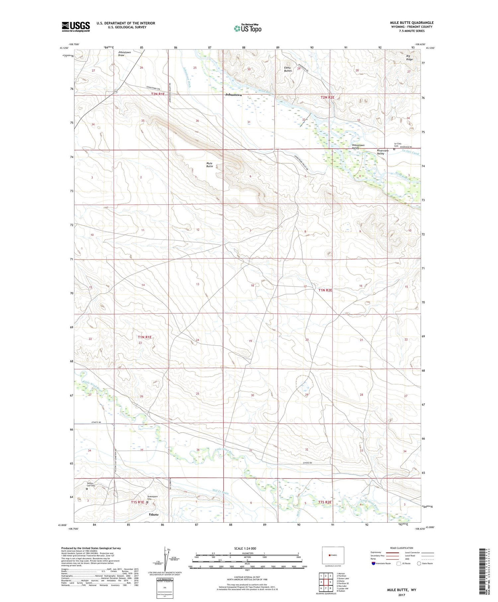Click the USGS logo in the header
pyautogui.click(x=76, y=27)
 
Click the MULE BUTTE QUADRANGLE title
pyautogui.click(x=412, y=23)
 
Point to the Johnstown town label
pyautogui.click(x=233, y=95)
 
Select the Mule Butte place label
pyautogui.click(x=209, y=165)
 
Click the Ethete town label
pyautogui.click(x=154, y=514)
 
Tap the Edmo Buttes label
pyautogui.click(x=288, y=69)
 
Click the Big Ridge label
pyautogui.click(x=410, y=57)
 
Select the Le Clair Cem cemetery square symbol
pyautogui.click(x=394, y=149)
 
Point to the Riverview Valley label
pyautogui.click(x=382, y=152)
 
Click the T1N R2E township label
pyautogui.click(x=325, y=290)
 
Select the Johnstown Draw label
pyautogui.click(x=124, y=53)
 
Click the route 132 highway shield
pyautogui.click(x=115, y=91)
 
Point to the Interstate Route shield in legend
pyautogui.click(x=373, y=563)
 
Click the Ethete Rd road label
pyautogui.click(x=96, y=422)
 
